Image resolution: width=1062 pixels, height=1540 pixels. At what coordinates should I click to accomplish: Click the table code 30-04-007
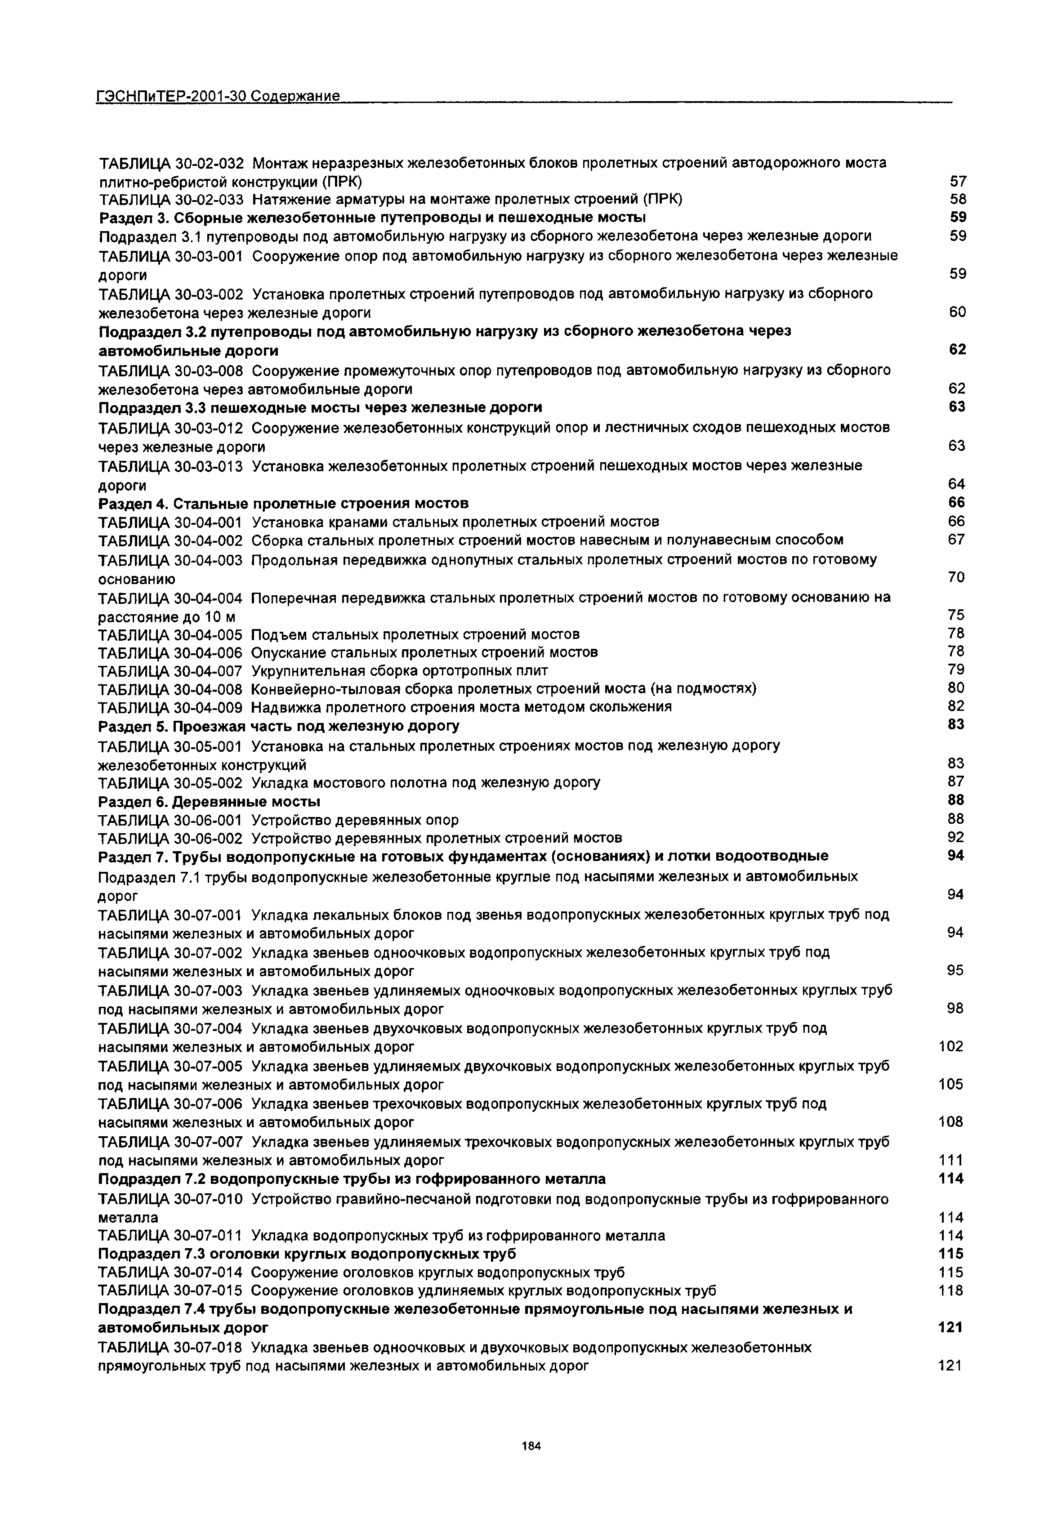coord(208,670)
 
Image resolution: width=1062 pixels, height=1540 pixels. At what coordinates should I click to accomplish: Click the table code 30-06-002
coord(208,837)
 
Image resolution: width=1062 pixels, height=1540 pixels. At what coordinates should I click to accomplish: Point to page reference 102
coord(950,1047)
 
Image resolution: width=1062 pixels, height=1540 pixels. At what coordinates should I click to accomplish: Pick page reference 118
coord(950,1291)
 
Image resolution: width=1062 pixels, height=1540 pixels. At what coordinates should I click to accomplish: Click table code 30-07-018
coord(208,1348)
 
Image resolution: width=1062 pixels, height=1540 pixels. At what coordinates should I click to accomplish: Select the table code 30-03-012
coord(208,427)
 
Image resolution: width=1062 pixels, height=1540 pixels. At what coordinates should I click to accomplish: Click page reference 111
coord(950,1161)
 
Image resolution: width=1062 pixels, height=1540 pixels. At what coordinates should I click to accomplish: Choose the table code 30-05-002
coord(208,782)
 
